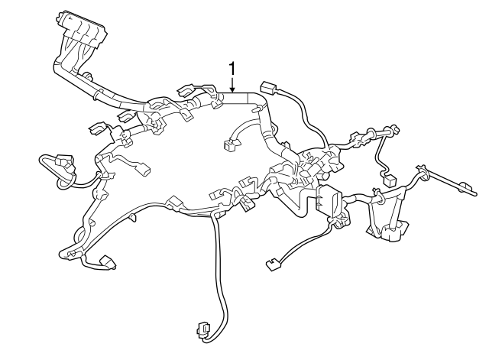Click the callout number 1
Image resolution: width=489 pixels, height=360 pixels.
(x=232, y=70)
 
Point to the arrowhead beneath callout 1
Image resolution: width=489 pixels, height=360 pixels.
(x=232, y=90)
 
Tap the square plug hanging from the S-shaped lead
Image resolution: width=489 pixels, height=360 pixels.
(x=389, y=182)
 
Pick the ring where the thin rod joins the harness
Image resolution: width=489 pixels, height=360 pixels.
(x=419, y=168)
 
